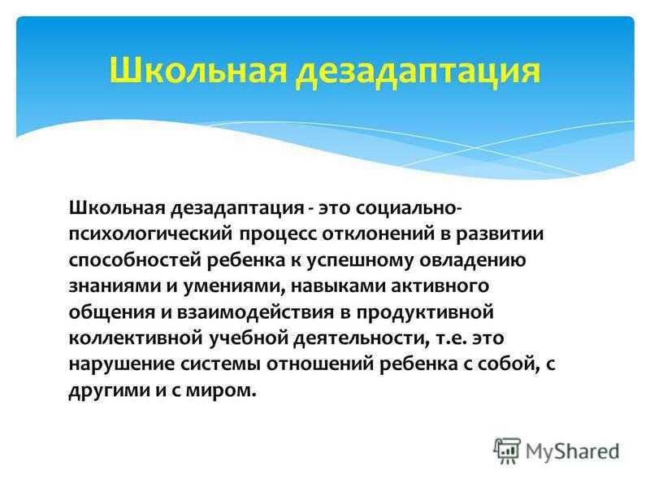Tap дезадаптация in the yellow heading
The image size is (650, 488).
[x=418, y=72]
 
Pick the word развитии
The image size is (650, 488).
[x=500, y=235]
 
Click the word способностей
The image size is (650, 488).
[x=135, y=260]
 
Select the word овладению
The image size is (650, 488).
[x=473, y=260]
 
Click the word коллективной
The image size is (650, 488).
[x=136, y=338]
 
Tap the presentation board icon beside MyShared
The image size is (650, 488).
[x=506, y=450]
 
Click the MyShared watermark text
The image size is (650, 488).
[x=573, y=452]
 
